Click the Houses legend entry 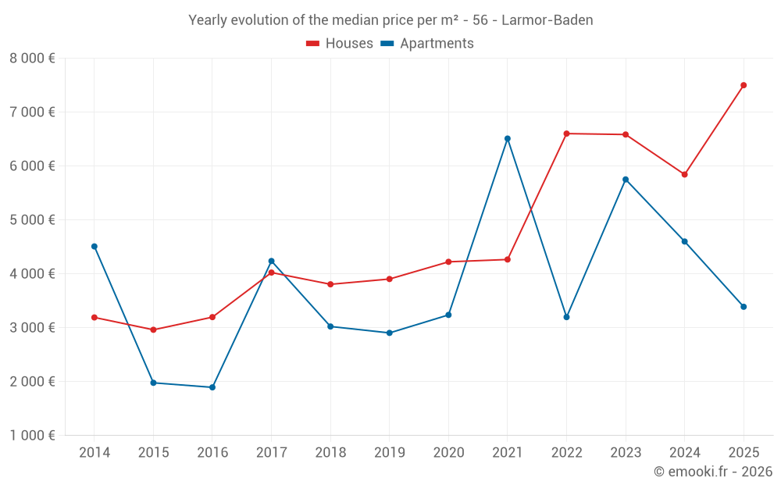340,44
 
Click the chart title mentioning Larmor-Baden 390,20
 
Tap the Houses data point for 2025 744,85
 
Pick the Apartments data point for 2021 508,138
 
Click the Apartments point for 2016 212,387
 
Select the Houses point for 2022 566,134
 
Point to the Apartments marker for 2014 95,246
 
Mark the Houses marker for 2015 153,329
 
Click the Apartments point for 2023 626,180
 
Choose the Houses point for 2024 684,174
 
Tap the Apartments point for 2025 744,307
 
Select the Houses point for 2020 448,262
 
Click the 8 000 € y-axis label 32,59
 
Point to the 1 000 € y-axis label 32,436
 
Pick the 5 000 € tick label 32,220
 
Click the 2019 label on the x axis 389,453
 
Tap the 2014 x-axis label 95,453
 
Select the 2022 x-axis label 566,453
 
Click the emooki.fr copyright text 712,472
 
